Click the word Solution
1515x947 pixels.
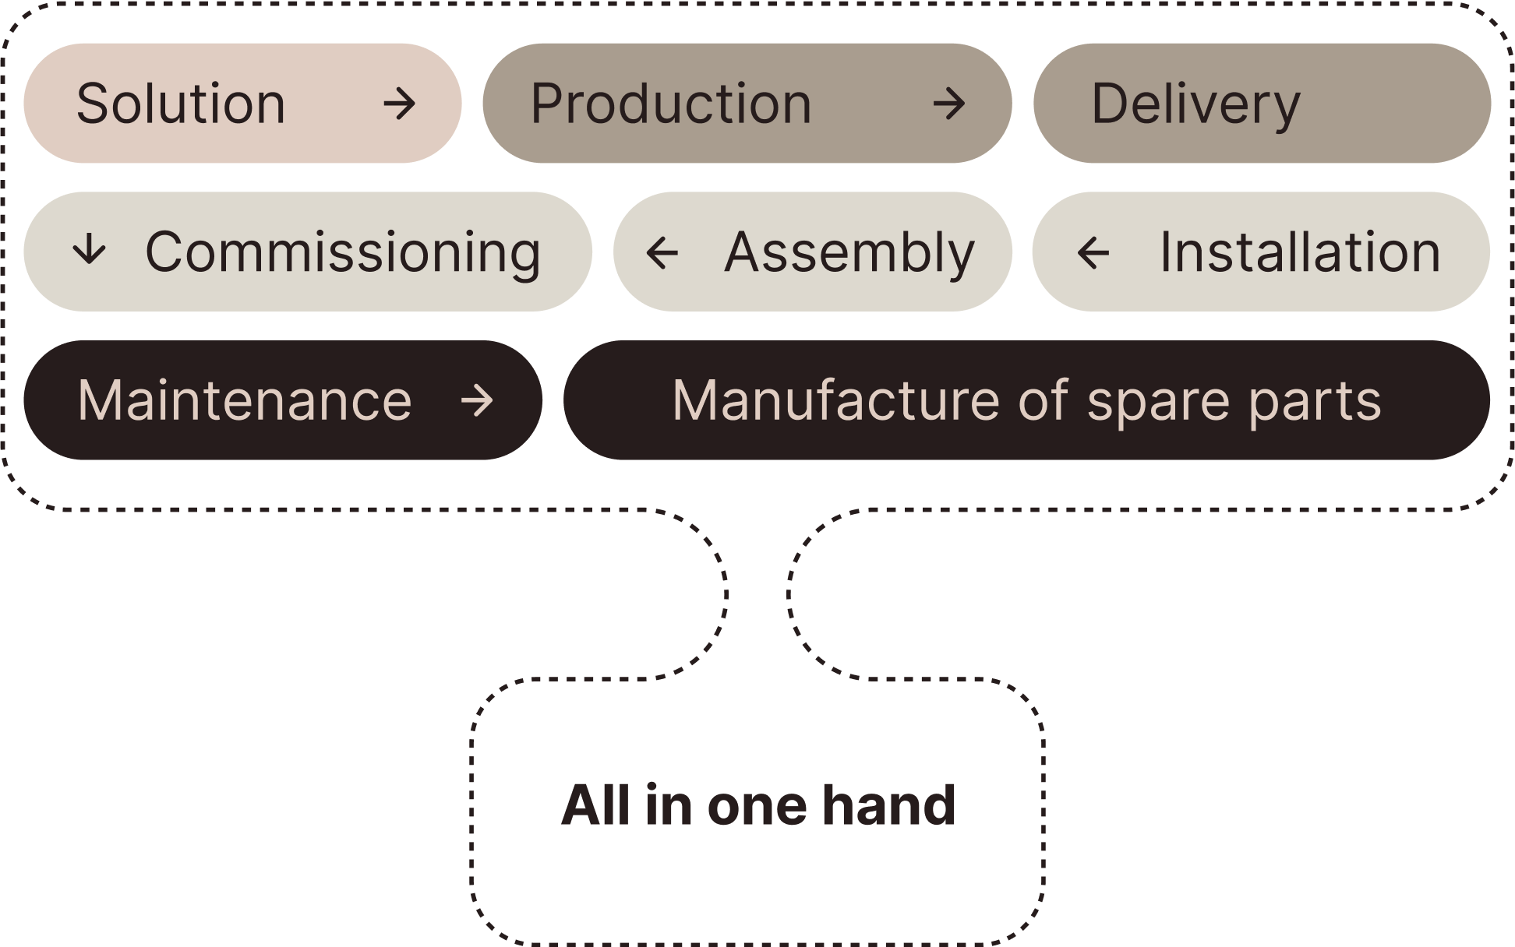(x=181, y=104)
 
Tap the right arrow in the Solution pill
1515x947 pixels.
(x=400, y=104)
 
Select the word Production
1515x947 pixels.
(x=671, y=104)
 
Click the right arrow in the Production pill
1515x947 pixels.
(x=949, y=104)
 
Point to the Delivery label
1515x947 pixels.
(x=1195, y=104)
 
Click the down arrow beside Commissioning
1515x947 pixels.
(x=89, y=251)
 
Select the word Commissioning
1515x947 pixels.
(x=343, y=252)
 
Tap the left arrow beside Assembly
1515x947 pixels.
(x=662, y=252)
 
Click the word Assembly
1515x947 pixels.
(x=849, y=252)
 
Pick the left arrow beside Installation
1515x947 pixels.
(x=1093, y=252)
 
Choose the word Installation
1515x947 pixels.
(x=1300, y=252)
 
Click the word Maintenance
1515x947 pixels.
(x=245, y=400)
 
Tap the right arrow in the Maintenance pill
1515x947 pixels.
(x=477, y=401)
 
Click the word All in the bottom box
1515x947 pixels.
(x=595, y=805)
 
